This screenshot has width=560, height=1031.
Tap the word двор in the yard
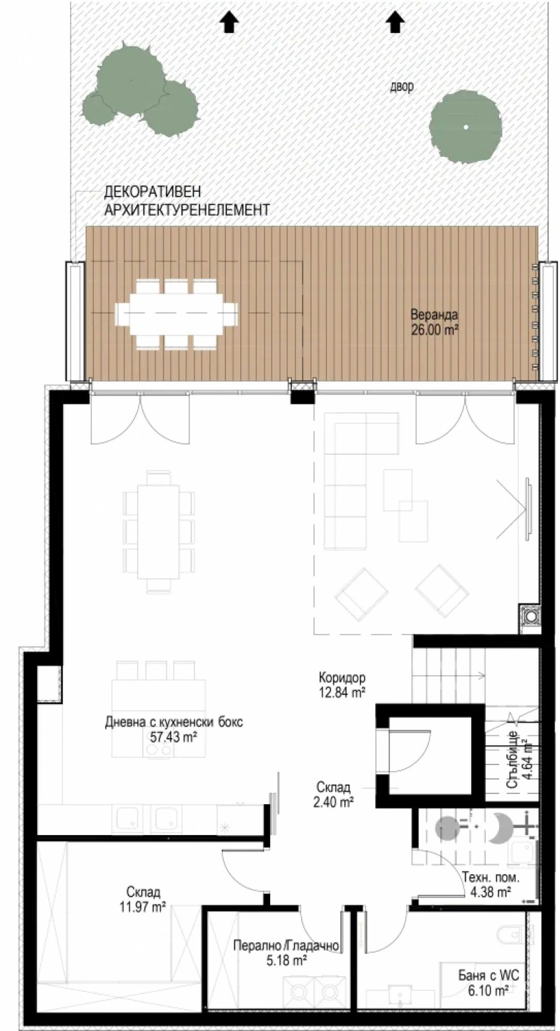402,87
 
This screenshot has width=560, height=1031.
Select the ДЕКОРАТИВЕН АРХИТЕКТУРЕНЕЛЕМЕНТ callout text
185,199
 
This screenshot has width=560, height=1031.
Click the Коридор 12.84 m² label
342,685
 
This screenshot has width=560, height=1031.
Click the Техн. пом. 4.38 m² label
486,885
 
